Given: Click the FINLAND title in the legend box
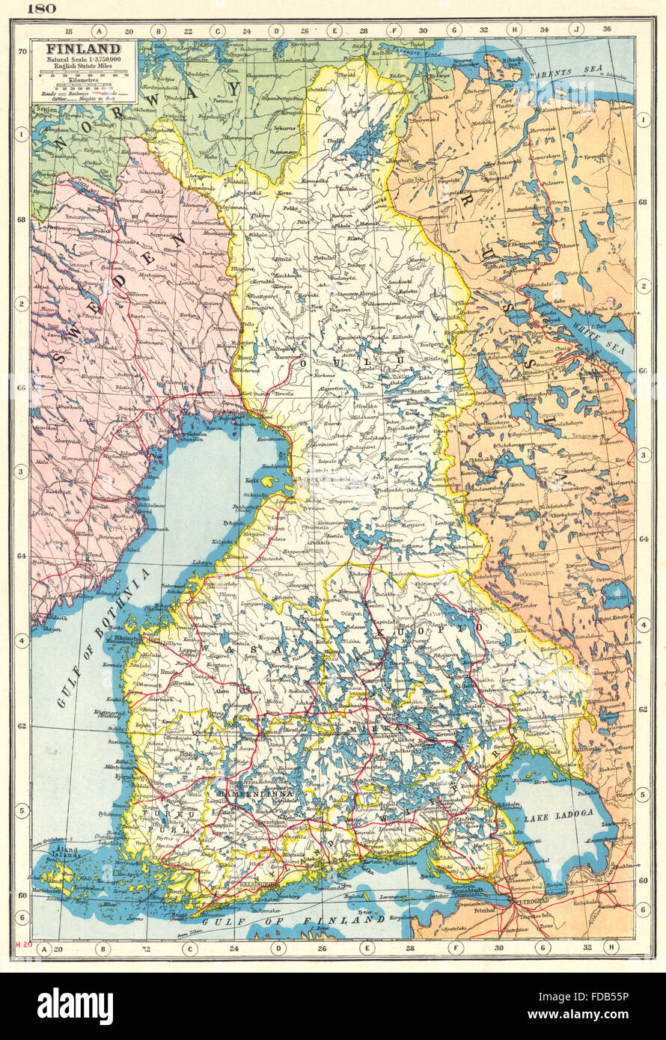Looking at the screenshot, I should [73, 49].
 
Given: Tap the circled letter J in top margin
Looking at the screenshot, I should [575, 31].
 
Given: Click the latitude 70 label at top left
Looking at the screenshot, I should [22, 51].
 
